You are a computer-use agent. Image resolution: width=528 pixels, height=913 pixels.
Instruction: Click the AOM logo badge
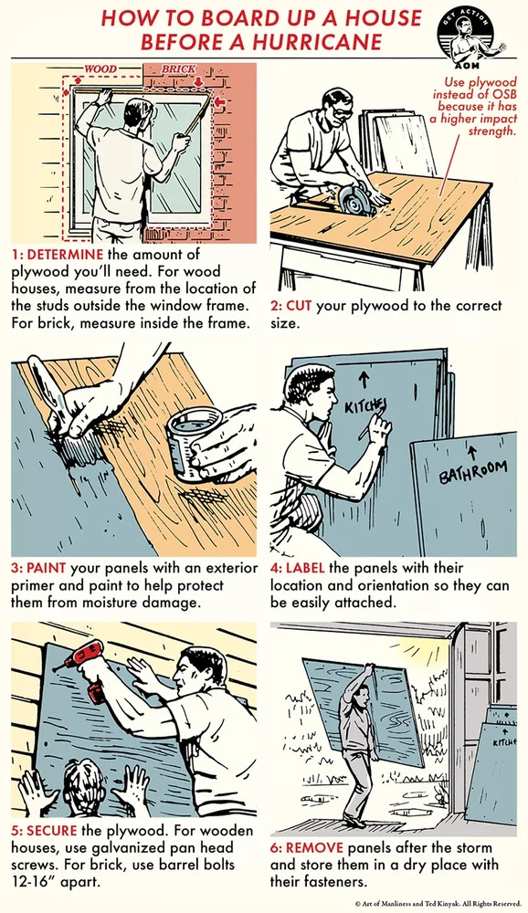(466, 34)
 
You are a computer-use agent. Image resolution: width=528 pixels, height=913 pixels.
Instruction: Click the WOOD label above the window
(100, 69)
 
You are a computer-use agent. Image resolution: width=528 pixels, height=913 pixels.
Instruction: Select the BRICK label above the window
(178, 69)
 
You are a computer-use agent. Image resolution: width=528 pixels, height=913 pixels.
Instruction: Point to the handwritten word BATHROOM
(472, 472)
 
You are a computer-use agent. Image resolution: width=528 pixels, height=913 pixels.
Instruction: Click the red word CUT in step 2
(299, 306)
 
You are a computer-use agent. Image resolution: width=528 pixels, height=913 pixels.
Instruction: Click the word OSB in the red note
(504, 94)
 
